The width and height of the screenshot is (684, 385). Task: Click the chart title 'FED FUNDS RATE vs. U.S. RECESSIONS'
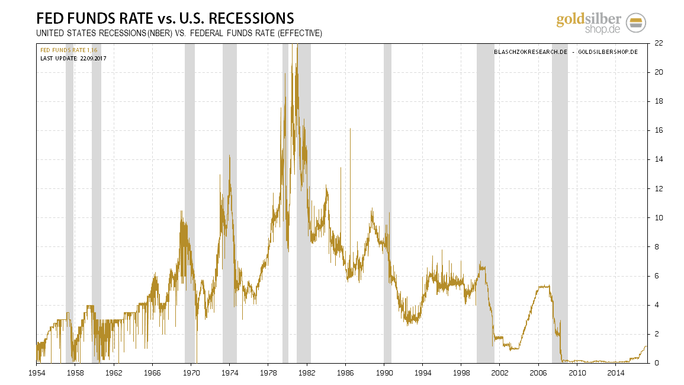point(165,18)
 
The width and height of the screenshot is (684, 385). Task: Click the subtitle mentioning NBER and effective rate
point(179,34)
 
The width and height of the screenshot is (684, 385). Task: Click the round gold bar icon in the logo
point(635,23)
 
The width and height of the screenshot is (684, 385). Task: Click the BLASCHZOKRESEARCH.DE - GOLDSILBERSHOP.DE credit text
point(566,52)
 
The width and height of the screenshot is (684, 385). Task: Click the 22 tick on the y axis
point(658,43)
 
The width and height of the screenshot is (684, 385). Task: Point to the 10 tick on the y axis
point(658,217)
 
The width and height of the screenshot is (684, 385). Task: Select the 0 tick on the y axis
point(656,363)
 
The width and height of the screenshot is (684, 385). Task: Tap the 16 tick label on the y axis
point(658,130)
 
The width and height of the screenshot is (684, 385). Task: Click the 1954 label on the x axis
point(37,373)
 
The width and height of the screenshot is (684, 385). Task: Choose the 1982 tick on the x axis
point(306,373)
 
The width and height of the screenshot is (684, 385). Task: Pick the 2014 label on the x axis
point(616,373)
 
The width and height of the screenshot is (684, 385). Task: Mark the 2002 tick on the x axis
point(499,373)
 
